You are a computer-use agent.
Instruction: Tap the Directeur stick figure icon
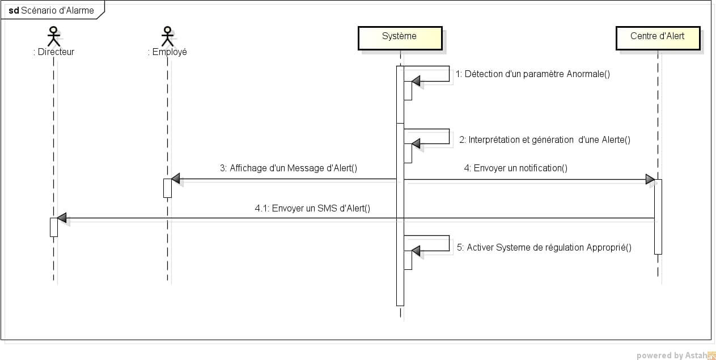53,36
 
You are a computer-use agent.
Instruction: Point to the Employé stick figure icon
167,36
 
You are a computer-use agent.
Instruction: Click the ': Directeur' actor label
54,52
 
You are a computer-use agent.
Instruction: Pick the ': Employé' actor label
167,52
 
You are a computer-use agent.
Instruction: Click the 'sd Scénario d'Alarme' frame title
52,10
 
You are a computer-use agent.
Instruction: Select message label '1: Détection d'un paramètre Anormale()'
532,74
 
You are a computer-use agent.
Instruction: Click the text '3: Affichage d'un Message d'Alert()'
289,168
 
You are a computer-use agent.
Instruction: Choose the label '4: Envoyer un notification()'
516,168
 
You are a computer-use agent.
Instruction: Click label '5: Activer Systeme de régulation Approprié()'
544,247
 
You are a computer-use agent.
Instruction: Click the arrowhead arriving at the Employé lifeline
176,179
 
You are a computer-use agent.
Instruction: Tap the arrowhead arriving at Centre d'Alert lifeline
650,179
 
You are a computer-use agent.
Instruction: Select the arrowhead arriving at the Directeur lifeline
62,218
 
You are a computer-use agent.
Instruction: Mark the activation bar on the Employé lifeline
167,188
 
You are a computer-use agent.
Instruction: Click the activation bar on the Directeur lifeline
54,227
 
